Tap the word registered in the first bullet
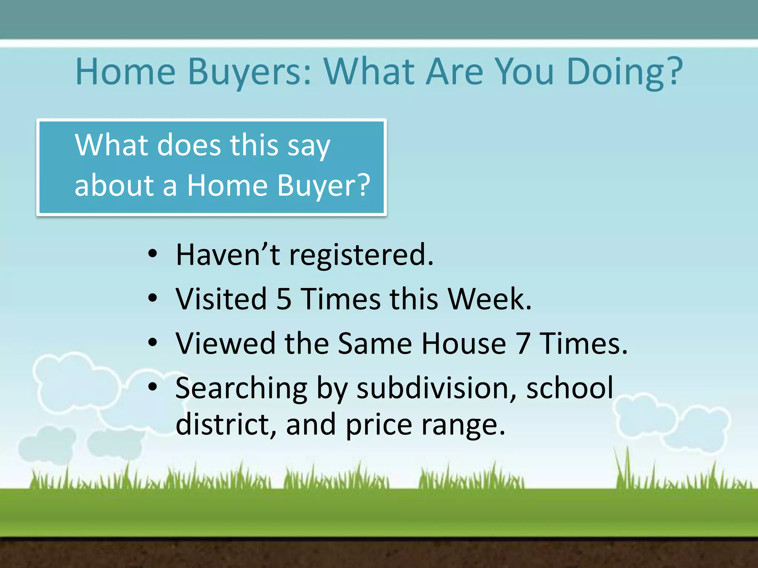tap(360, 255)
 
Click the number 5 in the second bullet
tap(284, 299)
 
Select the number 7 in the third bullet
tap(523, 344)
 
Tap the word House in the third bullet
tap(464, 344)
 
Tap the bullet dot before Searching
tap(152, 387)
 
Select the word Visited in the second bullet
tap(221, 299)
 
